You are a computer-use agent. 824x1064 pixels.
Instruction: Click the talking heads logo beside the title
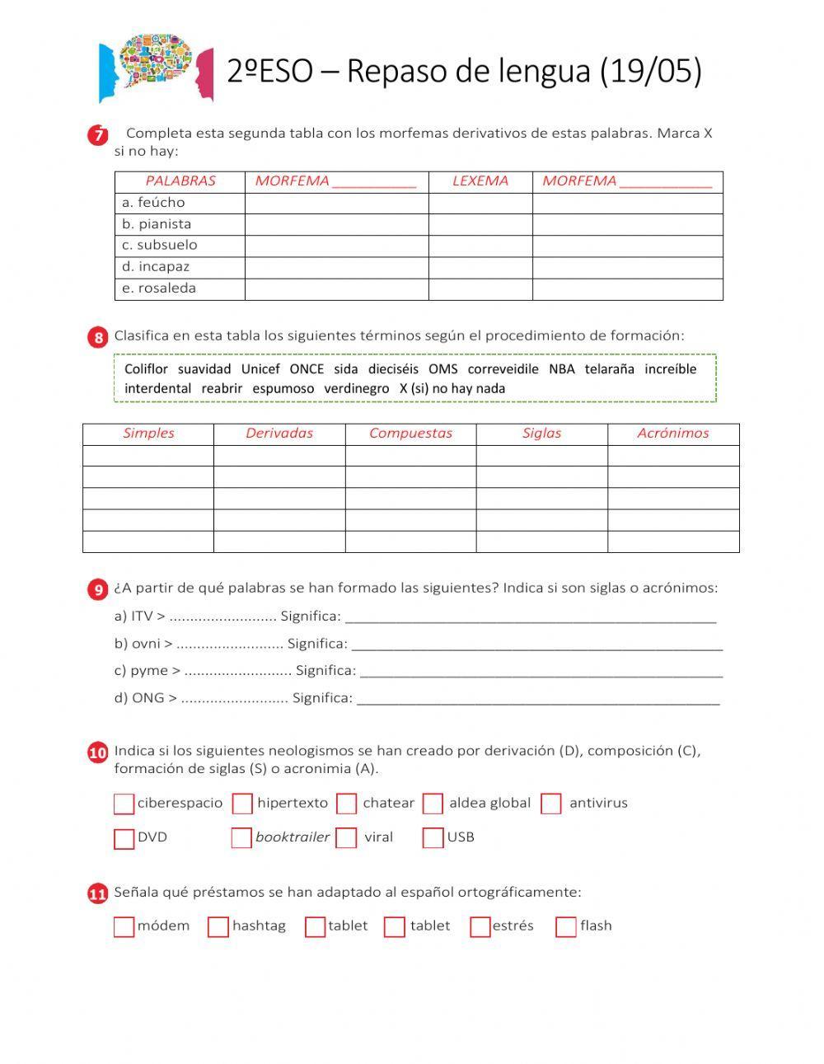pos(156,68)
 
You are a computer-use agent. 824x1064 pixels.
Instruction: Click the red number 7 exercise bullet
pos(98,135)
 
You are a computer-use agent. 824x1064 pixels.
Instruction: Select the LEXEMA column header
pos(480,181)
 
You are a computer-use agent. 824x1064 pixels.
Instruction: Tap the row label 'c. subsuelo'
pos(159,245)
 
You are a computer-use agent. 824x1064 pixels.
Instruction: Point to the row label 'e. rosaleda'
pos(158,288)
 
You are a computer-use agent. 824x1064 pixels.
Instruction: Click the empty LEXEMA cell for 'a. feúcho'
pos(480,203)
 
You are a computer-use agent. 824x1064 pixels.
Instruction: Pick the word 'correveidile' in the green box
pos(503,369)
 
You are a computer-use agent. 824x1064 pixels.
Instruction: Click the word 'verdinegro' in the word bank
pos(356,388)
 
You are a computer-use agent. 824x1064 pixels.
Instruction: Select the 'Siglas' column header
pos(541,434)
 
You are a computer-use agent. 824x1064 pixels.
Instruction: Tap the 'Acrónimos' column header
pos(672,434)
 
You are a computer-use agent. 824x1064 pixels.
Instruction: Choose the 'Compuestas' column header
pos(410,434)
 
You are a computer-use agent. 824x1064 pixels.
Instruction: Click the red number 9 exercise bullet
pos(98,589)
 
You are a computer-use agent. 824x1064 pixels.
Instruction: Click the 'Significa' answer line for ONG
pos(538,699)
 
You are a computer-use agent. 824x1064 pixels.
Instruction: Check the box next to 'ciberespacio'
pos(124,804)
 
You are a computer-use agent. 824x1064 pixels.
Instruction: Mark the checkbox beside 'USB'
pos(433,838)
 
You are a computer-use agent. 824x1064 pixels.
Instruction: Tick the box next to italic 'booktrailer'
pos(241,838)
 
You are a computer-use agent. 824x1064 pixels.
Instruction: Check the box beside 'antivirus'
pos(551,804)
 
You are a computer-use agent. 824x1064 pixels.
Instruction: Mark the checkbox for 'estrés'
pos(480,927)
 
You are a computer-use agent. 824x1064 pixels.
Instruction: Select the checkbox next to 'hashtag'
pos(218,927)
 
